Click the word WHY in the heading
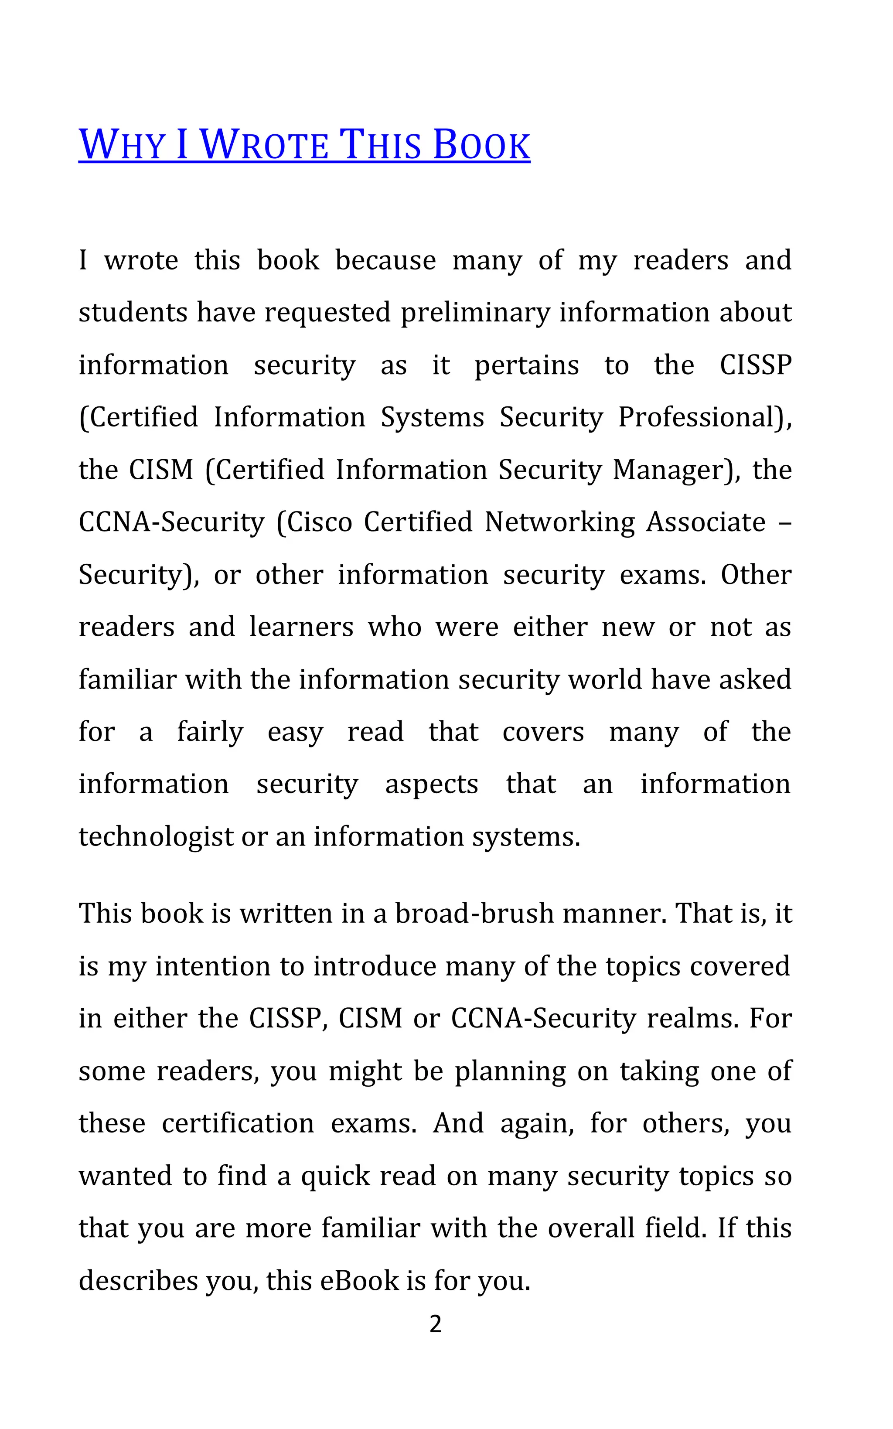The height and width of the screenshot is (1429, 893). pyautogui.click(x=122, y=145)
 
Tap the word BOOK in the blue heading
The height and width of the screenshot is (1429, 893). pyautogui.click(x=481, y=145)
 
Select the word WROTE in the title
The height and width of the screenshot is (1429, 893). pyautogui.click(x=264, y=145)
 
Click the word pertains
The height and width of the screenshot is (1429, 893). pyautogui.click(x=527, y=365)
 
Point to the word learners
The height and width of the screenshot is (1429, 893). pyautogui.click(x=301, y=627)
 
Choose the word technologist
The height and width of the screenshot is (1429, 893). pyautogui.click(x=156, y=837)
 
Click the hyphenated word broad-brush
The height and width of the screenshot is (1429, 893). pyautogui.click(x=474, y=914)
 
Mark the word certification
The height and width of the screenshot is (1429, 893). pyautogui.click(x=238, y=1123)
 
